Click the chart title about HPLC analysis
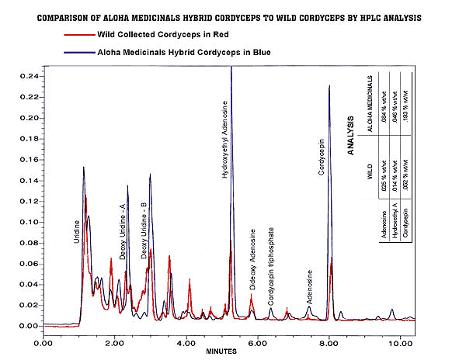pos(232,16)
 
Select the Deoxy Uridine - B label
pos(144,230)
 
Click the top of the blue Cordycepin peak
pos(329,86)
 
